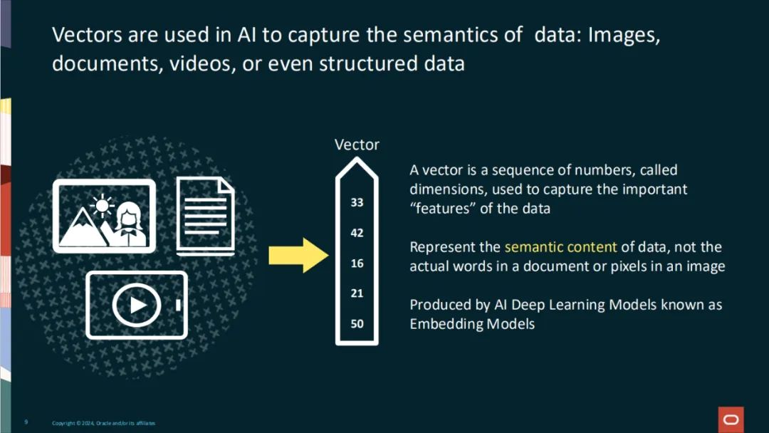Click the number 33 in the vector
pyautogui.click(x=357, y=202)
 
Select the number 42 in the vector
pyautogui.click(x=357, y=233)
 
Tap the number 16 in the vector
pyautogui.click(x=357, y=264)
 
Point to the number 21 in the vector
pyautogui.click(x=357, y=293)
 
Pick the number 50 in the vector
pyautogui.click(x=357, y=324)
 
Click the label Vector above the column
pyautogui.click(x=357, y=145)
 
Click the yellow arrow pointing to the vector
pyautogui.click(x=298, y=255)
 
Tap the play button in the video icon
pyautogui.click(x=137, y=305)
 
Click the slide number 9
pyautogui.click(x=26, y=422)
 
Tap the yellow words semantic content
pyautogui.click(x=560, y=247)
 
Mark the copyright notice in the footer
pyautogui.click(x=103, y=423)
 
